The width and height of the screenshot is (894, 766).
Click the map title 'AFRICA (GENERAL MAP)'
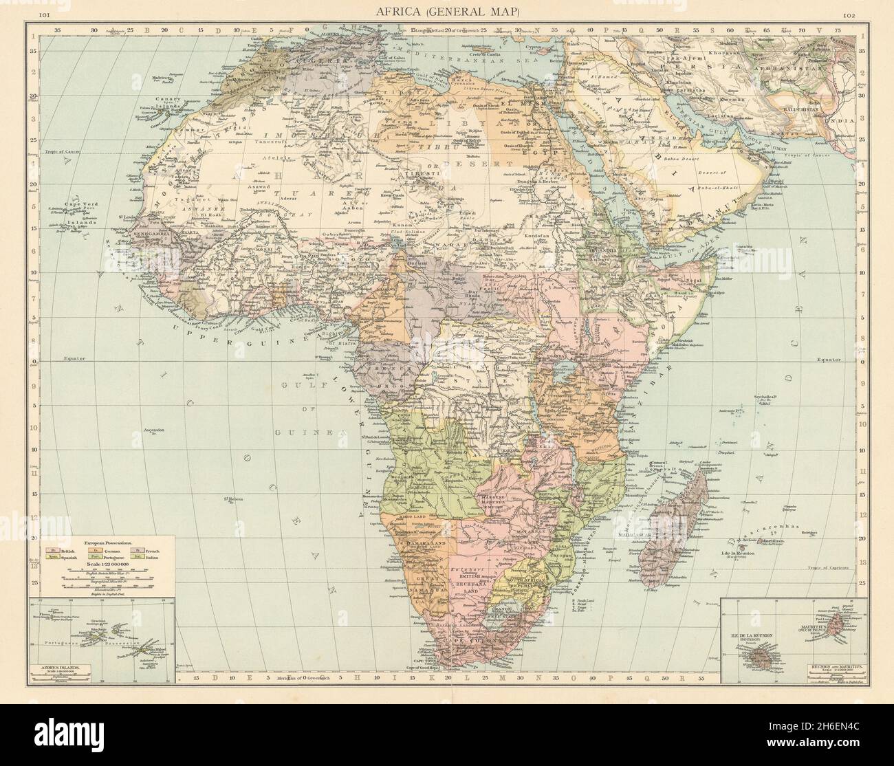448,12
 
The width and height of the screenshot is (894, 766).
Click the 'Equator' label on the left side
54,359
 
